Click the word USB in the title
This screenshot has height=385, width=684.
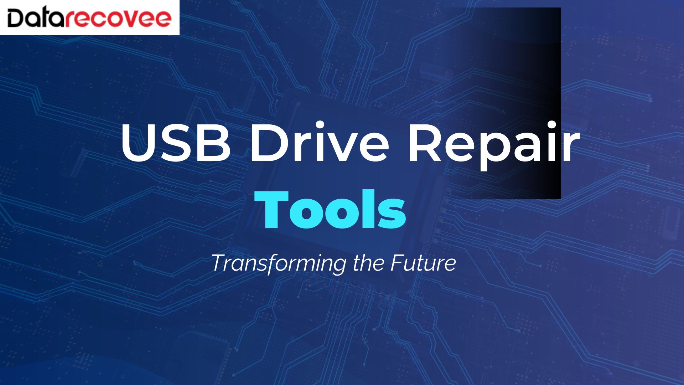pos(175,142)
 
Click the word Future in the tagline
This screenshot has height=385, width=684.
pos(423,263)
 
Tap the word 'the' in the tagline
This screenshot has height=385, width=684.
pos(368,263)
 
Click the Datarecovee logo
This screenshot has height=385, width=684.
pos(89,18)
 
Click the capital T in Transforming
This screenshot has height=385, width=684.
pos(221,263)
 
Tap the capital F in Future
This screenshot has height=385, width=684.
pos(398,263)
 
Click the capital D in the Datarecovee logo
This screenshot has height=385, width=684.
pos(17,18)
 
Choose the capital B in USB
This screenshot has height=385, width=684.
pos(213,142)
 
